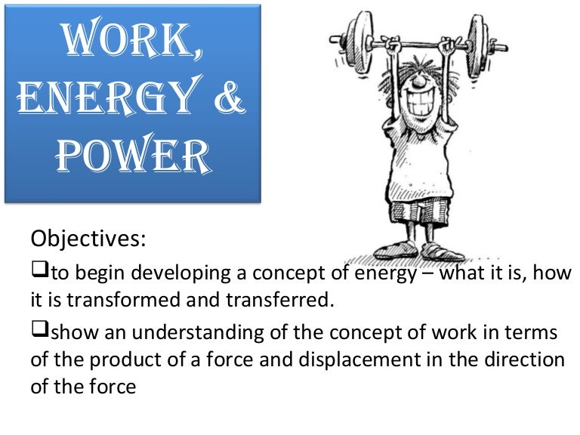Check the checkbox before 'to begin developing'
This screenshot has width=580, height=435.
point(38,272)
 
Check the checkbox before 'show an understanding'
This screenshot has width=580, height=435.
point(38,332)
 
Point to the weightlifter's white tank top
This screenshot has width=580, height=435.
point(412,166)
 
